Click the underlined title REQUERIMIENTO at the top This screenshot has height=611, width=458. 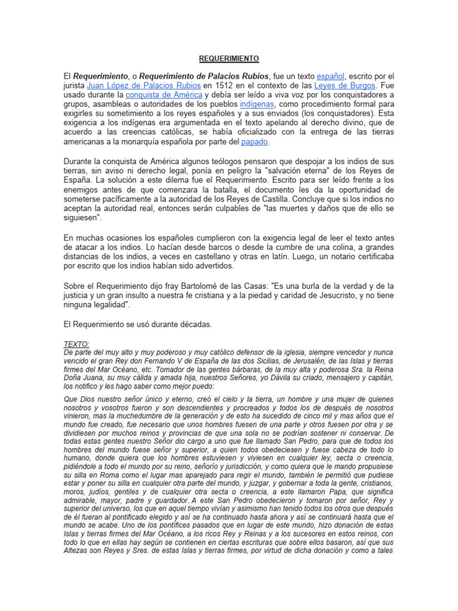(229, 58)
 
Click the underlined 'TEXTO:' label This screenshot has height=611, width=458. (76, 344)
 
